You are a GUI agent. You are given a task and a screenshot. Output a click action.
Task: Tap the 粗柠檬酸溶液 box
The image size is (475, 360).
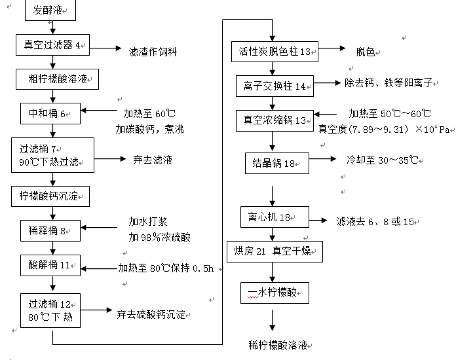pos(57,80)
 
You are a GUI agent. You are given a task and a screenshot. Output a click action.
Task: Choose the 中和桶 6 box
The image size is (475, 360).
pos(50,113)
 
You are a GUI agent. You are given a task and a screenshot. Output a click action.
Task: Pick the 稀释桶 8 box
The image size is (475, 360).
pos(50,230)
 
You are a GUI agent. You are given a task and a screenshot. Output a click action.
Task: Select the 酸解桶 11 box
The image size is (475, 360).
pos(50,266)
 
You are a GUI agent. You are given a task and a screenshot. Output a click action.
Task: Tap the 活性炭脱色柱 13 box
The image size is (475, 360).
pos(275,51)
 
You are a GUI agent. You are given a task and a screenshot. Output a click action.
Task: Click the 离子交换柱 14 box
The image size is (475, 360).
pos(275,86)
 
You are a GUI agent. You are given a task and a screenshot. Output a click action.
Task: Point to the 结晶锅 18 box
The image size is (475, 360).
pos(276,163)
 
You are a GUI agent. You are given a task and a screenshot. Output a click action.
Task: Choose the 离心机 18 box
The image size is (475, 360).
pos(274,217)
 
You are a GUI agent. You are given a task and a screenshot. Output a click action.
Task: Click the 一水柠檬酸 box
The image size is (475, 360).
pos(274,291)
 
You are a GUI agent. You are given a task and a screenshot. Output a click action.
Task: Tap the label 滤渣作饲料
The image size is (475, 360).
pos(153,51)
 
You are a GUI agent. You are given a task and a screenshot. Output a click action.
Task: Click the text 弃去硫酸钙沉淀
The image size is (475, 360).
pos(150,314)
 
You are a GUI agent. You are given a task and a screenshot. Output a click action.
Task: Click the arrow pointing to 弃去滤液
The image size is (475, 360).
pos(112,158)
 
